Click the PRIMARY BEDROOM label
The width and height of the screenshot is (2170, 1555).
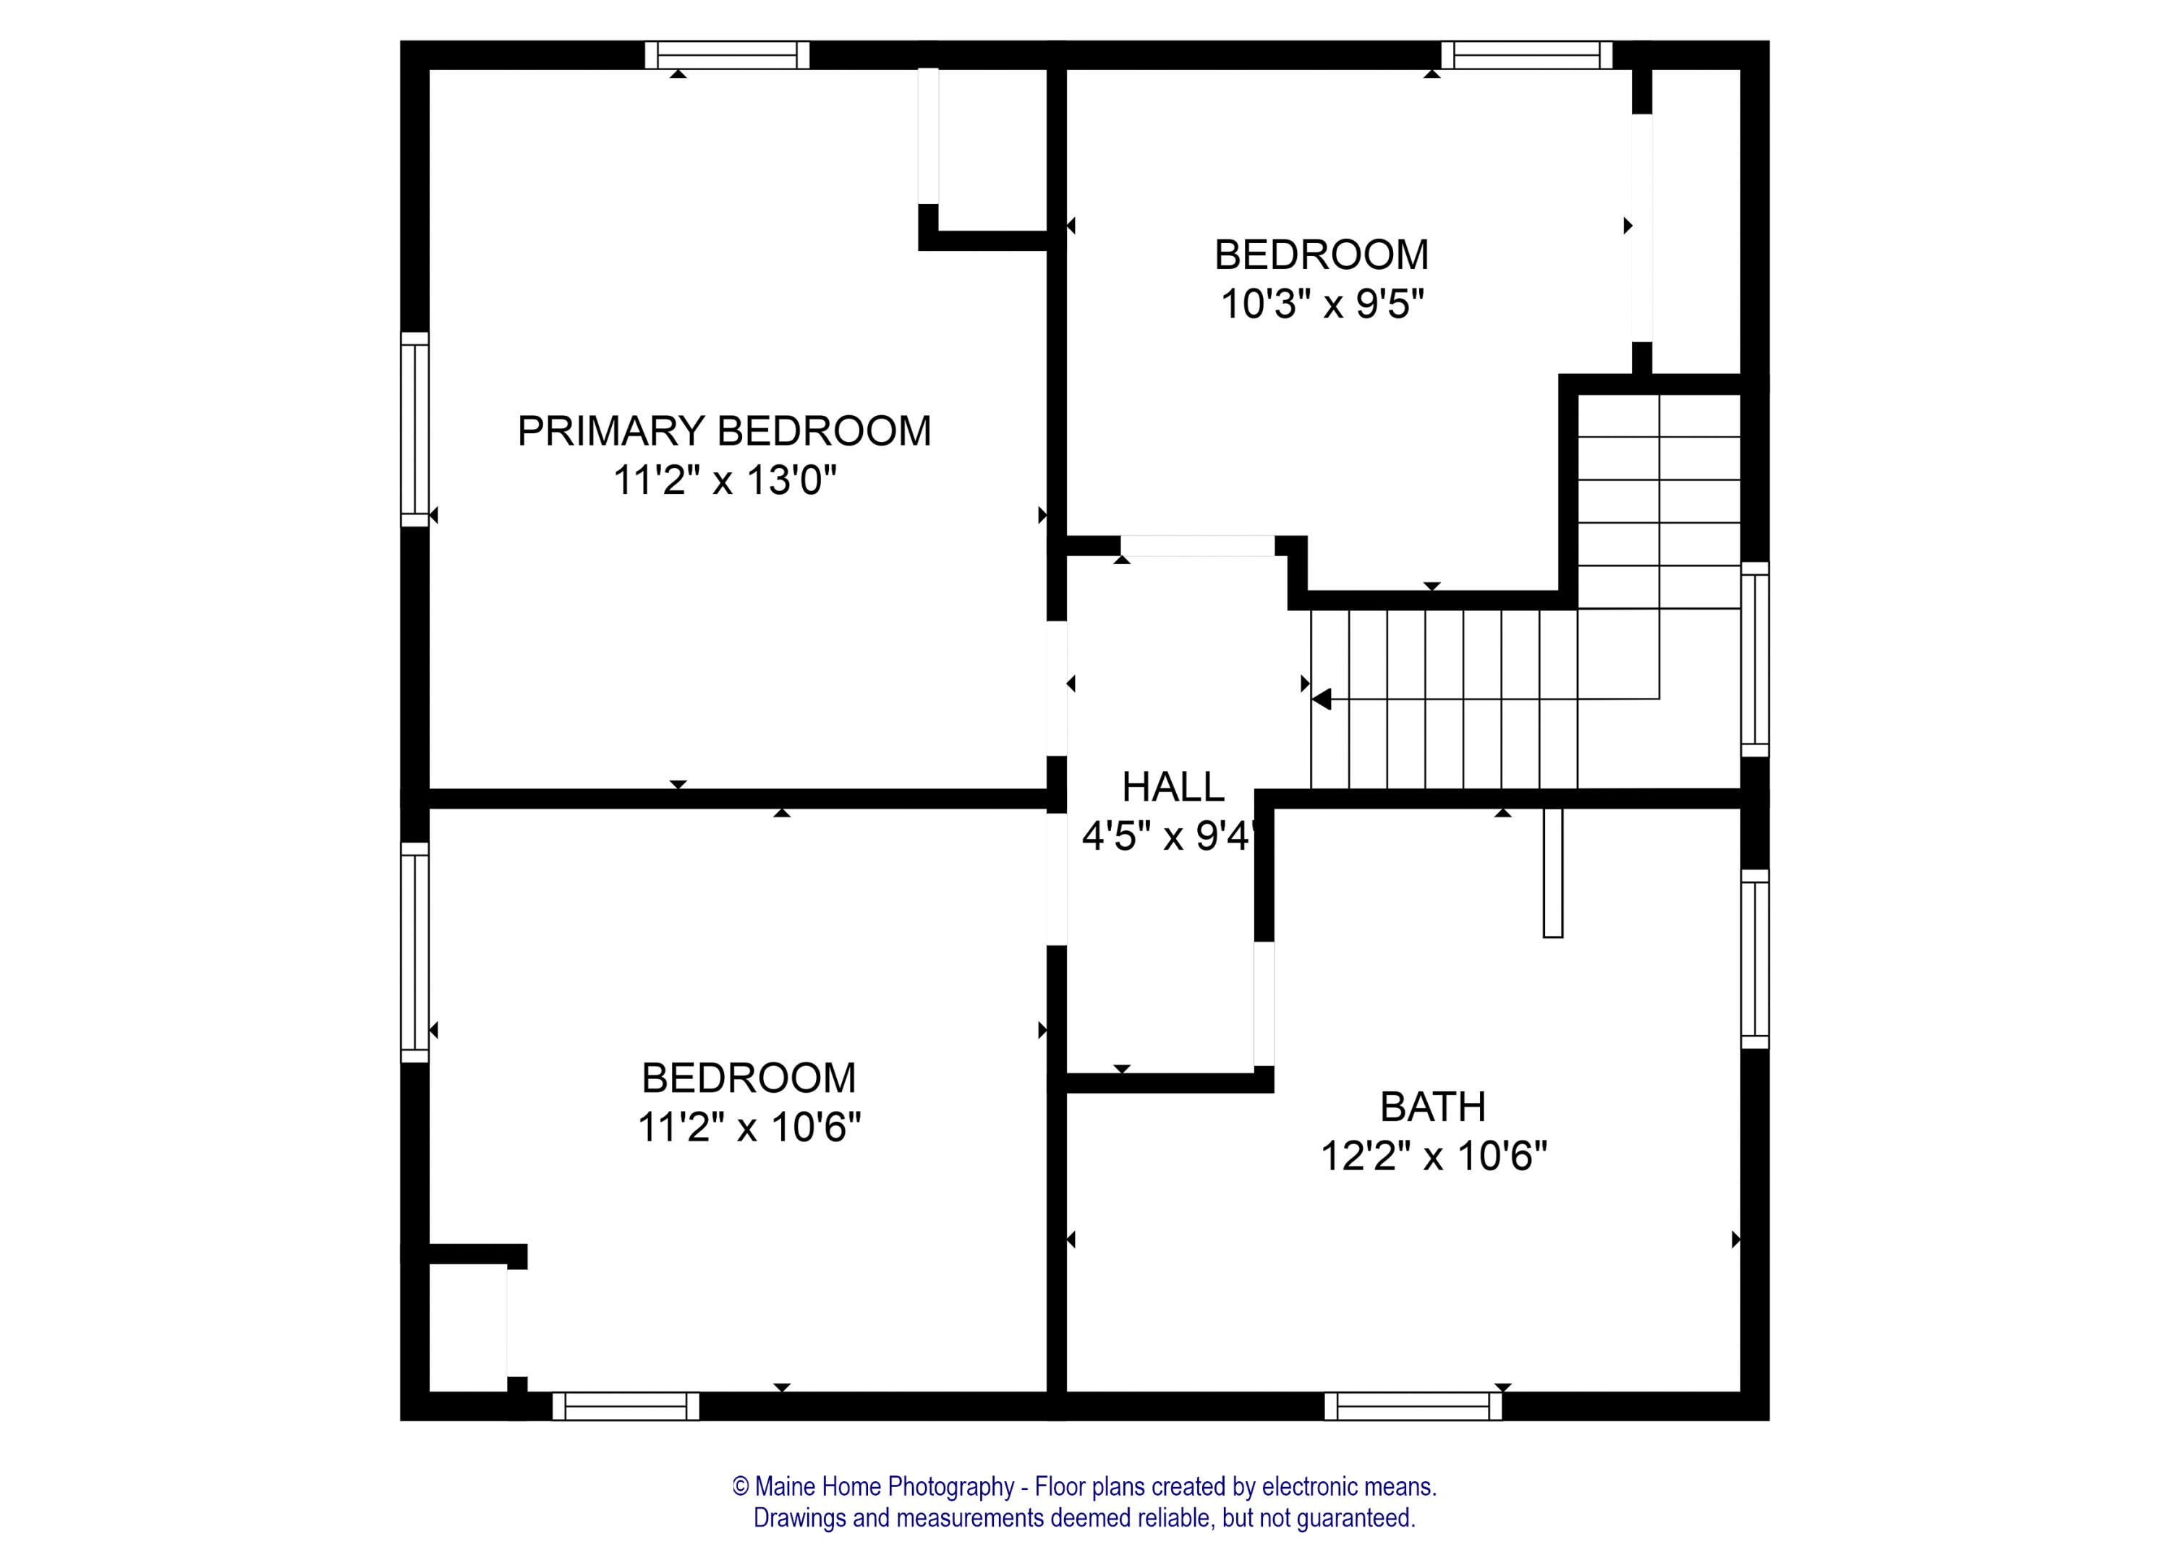pos(723,432)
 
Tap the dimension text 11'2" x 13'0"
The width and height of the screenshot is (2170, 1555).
pos(723,480)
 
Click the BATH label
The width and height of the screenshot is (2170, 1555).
pos(1432,1107)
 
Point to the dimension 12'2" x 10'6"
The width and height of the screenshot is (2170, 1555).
pos(1432,1157)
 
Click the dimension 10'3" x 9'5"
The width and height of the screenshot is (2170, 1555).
pos(1322,305)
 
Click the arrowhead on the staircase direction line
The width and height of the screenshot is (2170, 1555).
pos(1322,699)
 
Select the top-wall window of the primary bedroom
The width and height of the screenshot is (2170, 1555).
pos(726,54)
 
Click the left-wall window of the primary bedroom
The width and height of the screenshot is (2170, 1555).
pos(414,429)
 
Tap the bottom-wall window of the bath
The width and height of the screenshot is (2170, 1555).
pos(1412,1406)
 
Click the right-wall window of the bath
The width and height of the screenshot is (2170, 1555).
pos(1754,959)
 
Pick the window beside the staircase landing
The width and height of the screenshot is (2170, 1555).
pos(1754,660)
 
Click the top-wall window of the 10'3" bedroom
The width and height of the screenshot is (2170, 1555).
pos(1526,54)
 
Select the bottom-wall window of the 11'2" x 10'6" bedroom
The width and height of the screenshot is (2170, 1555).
pos(625,1406)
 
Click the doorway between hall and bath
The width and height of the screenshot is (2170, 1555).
pos(1263,1004)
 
